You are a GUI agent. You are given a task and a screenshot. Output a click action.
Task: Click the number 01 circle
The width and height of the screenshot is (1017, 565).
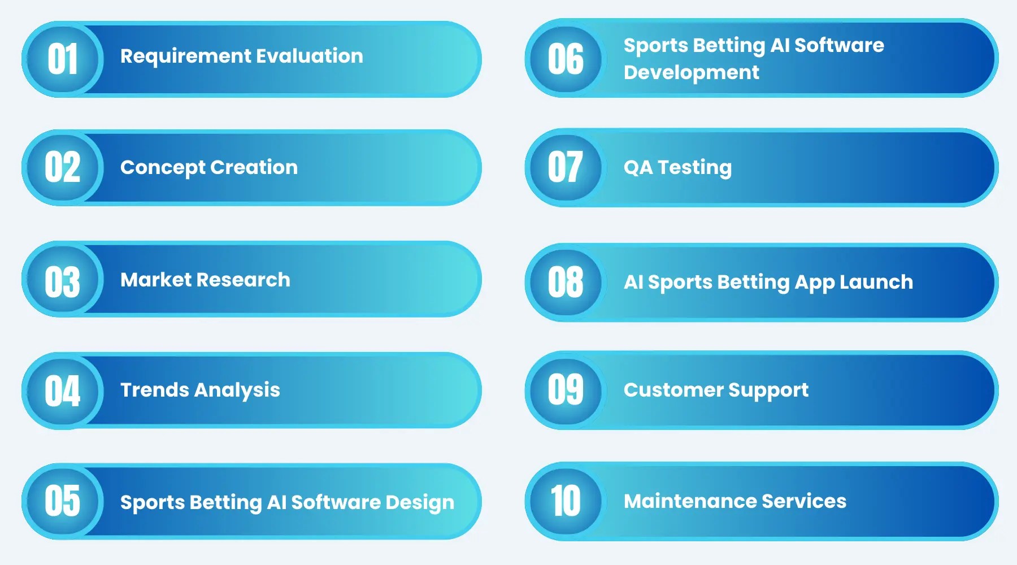point(62,59)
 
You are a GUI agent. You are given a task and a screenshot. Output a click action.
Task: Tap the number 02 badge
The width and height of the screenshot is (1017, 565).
point(62,167)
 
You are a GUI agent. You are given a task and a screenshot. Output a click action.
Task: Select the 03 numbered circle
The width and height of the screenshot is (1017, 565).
point(62,281)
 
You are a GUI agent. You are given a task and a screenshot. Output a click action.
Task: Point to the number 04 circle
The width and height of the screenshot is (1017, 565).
point(62,390)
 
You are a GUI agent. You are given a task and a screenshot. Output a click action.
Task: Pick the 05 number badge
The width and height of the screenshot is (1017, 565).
point(62,501)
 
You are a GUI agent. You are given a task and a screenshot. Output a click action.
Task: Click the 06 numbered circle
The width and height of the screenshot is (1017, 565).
point(566,59)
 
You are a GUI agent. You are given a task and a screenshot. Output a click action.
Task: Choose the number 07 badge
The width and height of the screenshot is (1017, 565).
point(566,167)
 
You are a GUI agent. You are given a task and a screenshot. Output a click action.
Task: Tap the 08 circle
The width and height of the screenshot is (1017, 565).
point(566,281)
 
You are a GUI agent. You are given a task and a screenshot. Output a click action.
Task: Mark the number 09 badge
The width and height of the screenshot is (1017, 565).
point(566,390)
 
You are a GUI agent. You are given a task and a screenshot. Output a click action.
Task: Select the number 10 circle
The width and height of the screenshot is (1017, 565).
point(566,501)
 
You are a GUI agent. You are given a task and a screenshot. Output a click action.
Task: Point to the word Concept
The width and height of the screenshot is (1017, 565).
point(163,168)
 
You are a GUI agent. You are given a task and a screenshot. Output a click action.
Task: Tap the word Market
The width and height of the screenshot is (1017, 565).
point(156,280)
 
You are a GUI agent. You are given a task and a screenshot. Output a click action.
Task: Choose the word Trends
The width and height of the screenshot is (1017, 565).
point(154,390)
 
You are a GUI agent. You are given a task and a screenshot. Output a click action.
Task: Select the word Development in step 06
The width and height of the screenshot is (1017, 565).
point(691,73)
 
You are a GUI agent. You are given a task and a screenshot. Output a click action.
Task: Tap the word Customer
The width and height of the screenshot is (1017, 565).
point(672,390)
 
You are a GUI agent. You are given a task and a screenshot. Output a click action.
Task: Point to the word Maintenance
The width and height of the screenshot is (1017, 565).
point(689,501)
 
